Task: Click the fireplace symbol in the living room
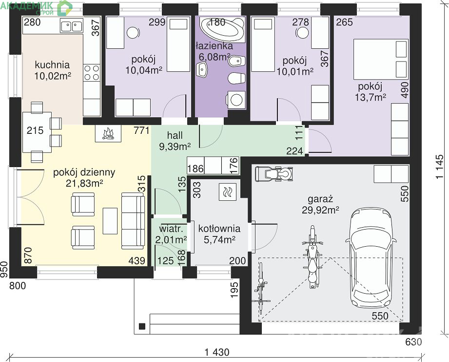point(108,133)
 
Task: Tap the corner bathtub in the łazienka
point(222,29)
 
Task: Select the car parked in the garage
point(371,257)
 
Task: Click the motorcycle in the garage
point(312,257)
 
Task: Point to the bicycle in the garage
point(261,288)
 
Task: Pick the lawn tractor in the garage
point(274,174)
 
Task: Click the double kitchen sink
point(72,25)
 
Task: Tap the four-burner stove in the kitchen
point(92,73)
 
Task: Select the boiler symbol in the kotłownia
point(228,192)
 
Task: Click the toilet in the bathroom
point(236,78)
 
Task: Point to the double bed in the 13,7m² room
point(381,59)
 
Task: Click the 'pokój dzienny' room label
point(84,172)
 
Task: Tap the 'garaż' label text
point(320,199)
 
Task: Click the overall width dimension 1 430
point(217,352)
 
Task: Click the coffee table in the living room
point(110,221)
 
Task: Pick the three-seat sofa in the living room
point(133,221)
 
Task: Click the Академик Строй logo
point(37,8)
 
